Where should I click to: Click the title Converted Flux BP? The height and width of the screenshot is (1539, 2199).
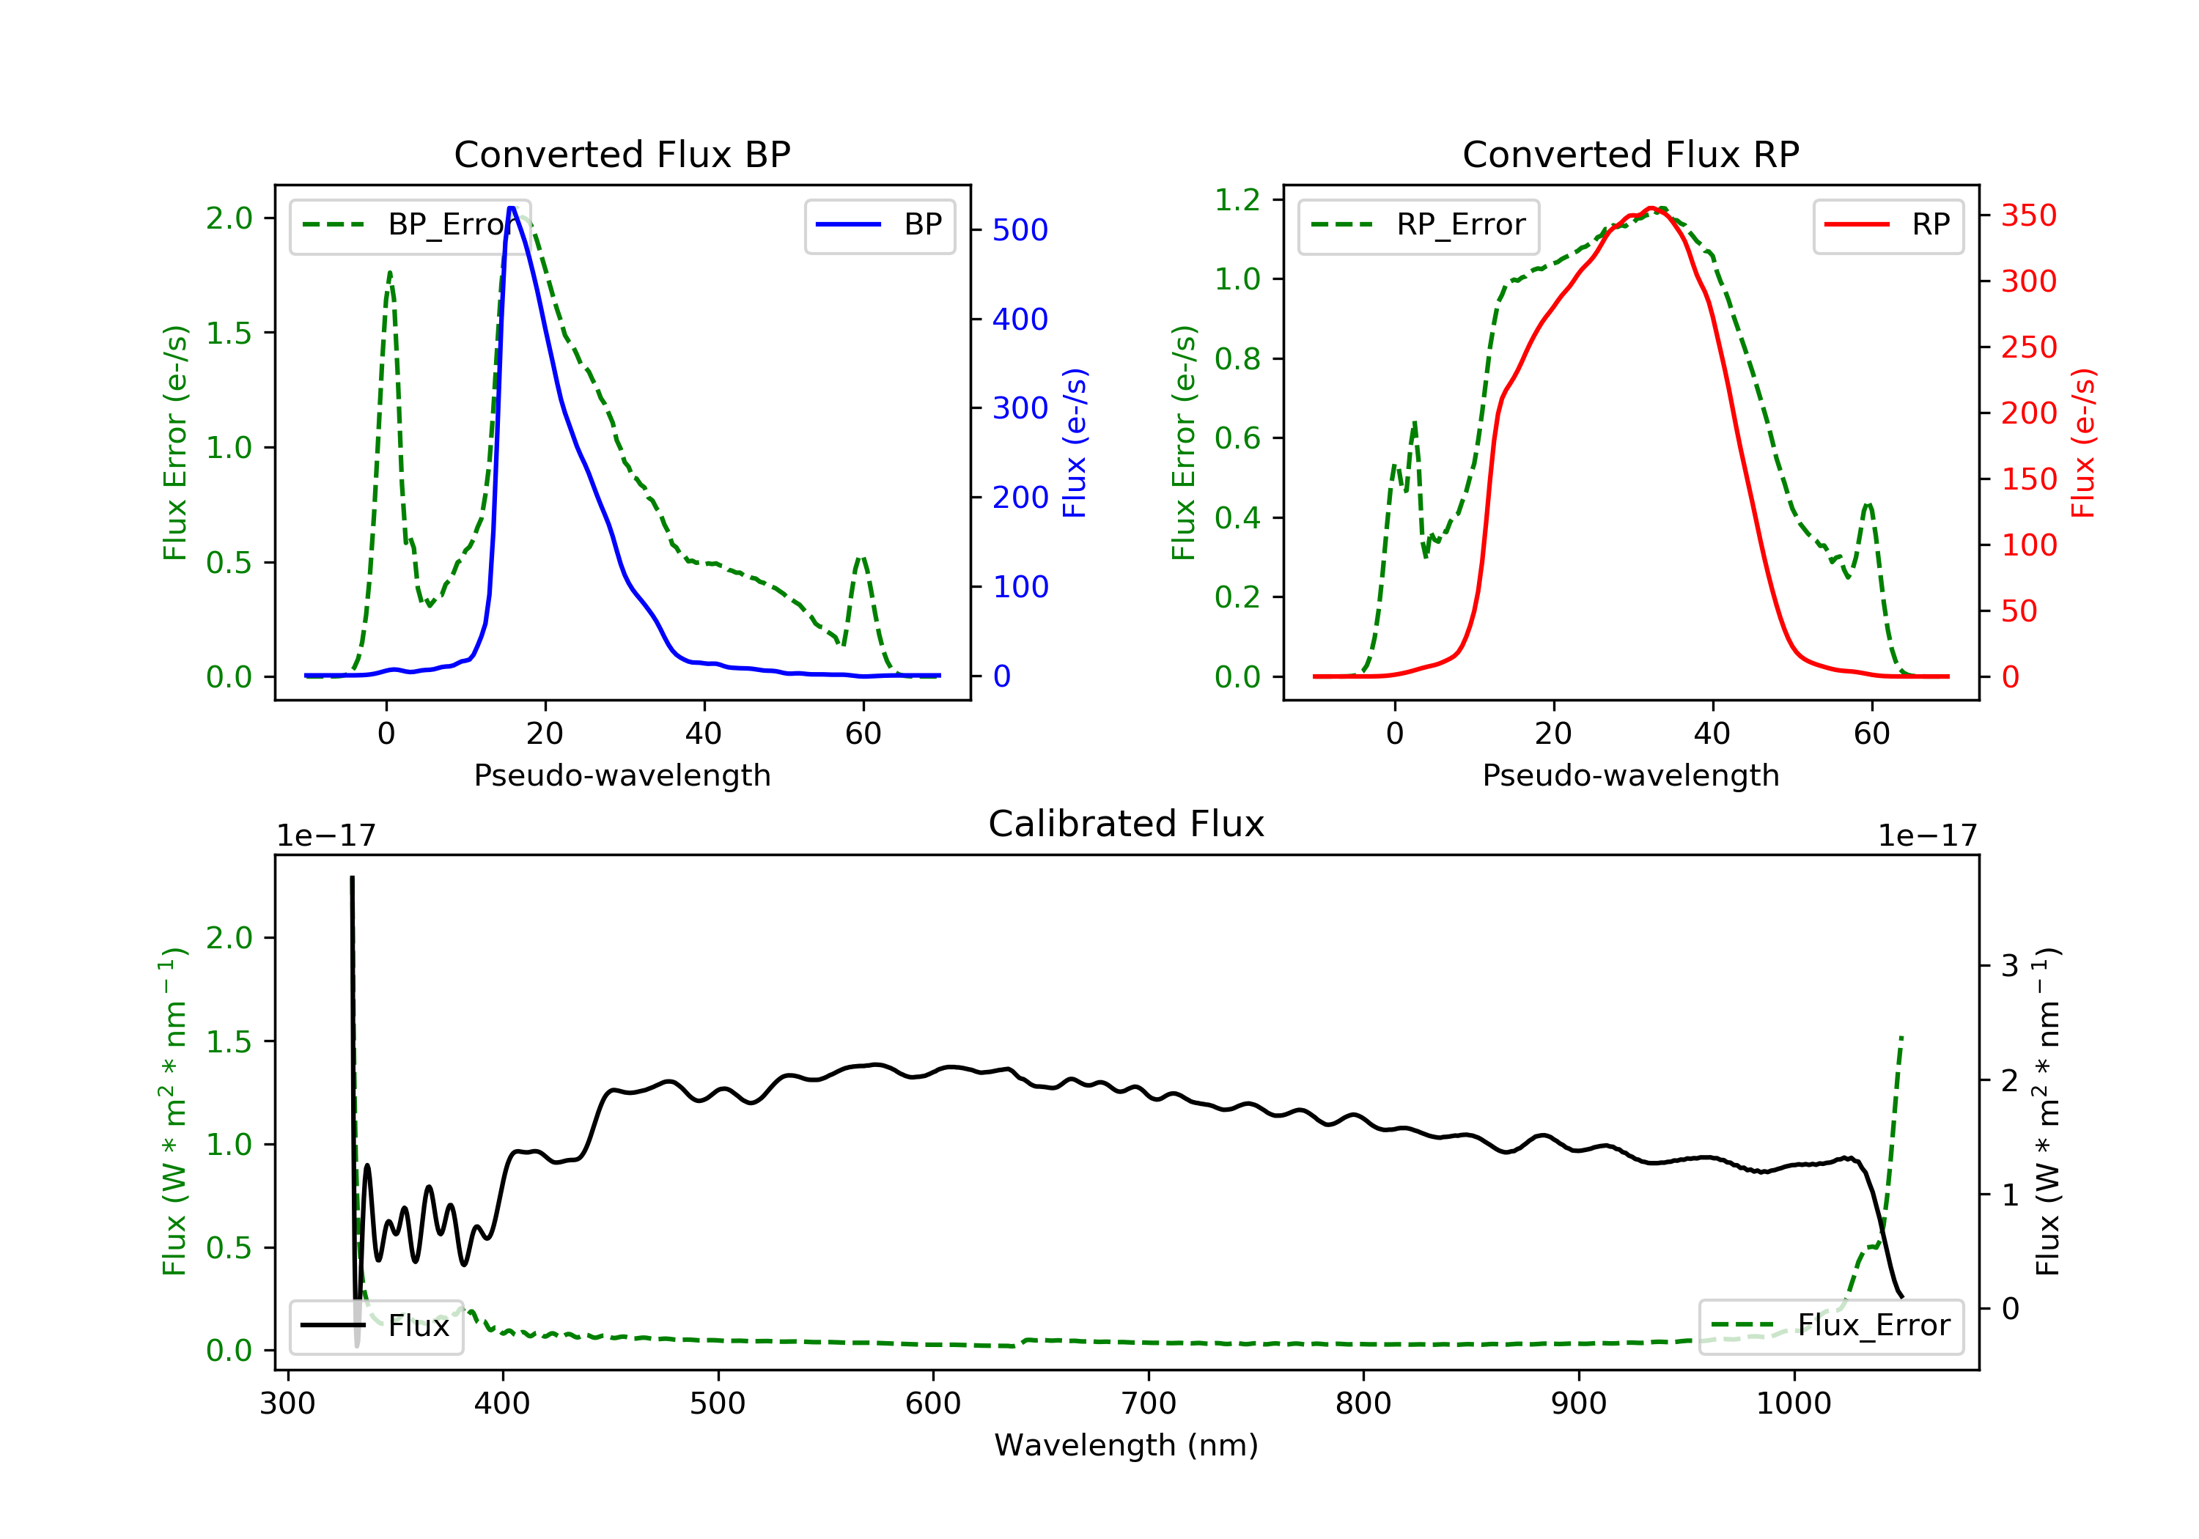tap(622, 154)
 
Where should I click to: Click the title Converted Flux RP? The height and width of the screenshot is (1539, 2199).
tap(1630, 154)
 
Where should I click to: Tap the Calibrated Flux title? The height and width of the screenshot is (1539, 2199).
tap(1127, 824)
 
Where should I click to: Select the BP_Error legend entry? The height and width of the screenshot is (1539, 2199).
tap(410, 225)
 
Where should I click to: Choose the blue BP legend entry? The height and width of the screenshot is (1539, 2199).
tap(879, 225)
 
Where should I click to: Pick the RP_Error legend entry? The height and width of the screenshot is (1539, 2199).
tap(1418, 225)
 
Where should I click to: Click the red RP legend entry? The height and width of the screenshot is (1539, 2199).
tap(1887, 225)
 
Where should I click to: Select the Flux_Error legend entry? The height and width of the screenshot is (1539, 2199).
tap(1830, 1326)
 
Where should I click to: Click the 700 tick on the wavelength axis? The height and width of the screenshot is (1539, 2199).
tap(1149, 1403)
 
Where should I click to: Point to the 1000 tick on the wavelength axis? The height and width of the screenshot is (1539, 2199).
tap(1794, 1403)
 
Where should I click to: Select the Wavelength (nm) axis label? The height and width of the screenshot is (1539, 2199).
tap(1127, 1444)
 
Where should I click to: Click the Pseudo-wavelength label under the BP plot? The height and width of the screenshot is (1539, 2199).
tap(622, 775)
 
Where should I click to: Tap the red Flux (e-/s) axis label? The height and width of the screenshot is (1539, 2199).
tap(2083, 443)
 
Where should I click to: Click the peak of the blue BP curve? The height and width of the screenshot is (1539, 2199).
tap(512, 208)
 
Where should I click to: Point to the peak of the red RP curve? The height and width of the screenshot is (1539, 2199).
tap(1651, 208)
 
